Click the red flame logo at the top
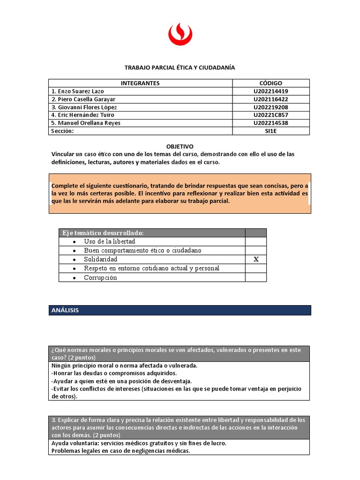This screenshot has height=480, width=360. (x=180, y=36)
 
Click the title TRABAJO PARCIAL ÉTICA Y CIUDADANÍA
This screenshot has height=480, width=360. (x=180, y=67)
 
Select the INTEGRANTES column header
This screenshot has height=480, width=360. (x=140, y=83)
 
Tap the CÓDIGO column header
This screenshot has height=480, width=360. (x=271, y=83)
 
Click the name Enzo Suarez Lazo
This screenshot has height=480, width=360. (x=78, y=91)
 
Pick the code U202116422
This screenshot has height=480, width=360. (x=271, y=99)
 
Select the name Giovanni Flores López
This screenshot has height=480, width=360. (x=84, y=107)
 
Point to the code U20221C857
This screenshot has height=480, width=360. (x=271, y=115)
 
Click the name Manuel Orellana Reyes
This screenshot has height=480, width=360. (x=86, y=123)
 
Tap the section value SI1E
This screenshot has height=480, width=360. (x=271, y=131)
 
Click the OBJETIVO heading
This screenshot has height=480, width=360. (x=180, y=146)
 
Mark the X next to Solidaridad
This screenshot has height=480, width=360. (x=256, y=260)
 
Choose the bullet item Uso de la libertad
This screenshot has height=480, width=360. (x=109, y=241)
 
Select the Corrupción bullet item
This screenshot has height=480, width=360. (x=100, y=277)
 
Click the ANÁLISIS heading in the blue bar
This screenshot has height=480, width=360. (x=65, y=310)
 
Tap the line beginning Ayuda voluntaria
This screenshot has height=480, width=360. (x=139, y=443)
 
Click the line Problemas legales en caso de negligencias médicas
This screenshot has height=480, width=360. (x=120, y=450)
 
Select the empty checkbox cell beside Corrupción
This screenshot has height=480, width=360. (x=256, y=277)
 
